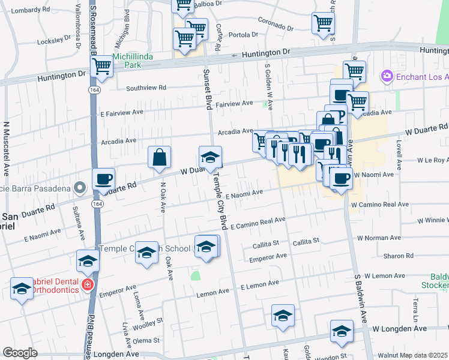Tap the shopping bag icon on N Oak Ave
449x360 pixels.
160,158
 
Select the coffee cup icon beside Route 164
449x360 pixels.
103,179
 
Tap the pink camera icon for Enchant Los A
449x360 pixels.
386,76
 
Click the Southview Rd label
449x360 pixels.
146,88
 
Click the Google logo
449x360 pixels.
19,353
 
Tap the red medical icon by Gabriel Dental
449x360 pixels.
88,284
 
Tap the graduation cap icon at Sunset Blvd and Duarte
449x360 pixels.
210,158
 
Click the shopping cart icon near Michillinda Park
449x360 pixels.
102,66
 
